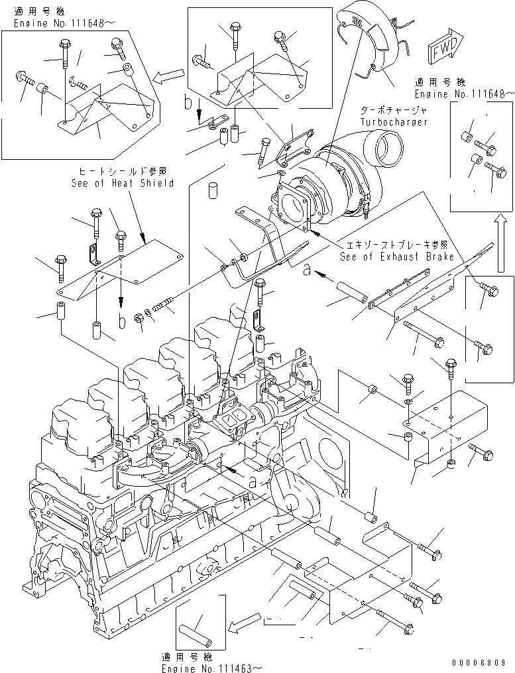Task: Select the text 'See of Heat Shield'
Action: (x=122, y=183)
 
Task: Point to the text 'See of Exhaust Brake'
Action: (x=396, y=256)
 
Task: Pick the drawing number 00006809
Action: (x=481, y=662)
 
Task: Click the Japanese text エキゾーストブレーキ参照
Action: (x=398, y=245)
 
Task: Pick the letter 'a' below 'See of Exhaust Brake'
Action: (x=307, y=271)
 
